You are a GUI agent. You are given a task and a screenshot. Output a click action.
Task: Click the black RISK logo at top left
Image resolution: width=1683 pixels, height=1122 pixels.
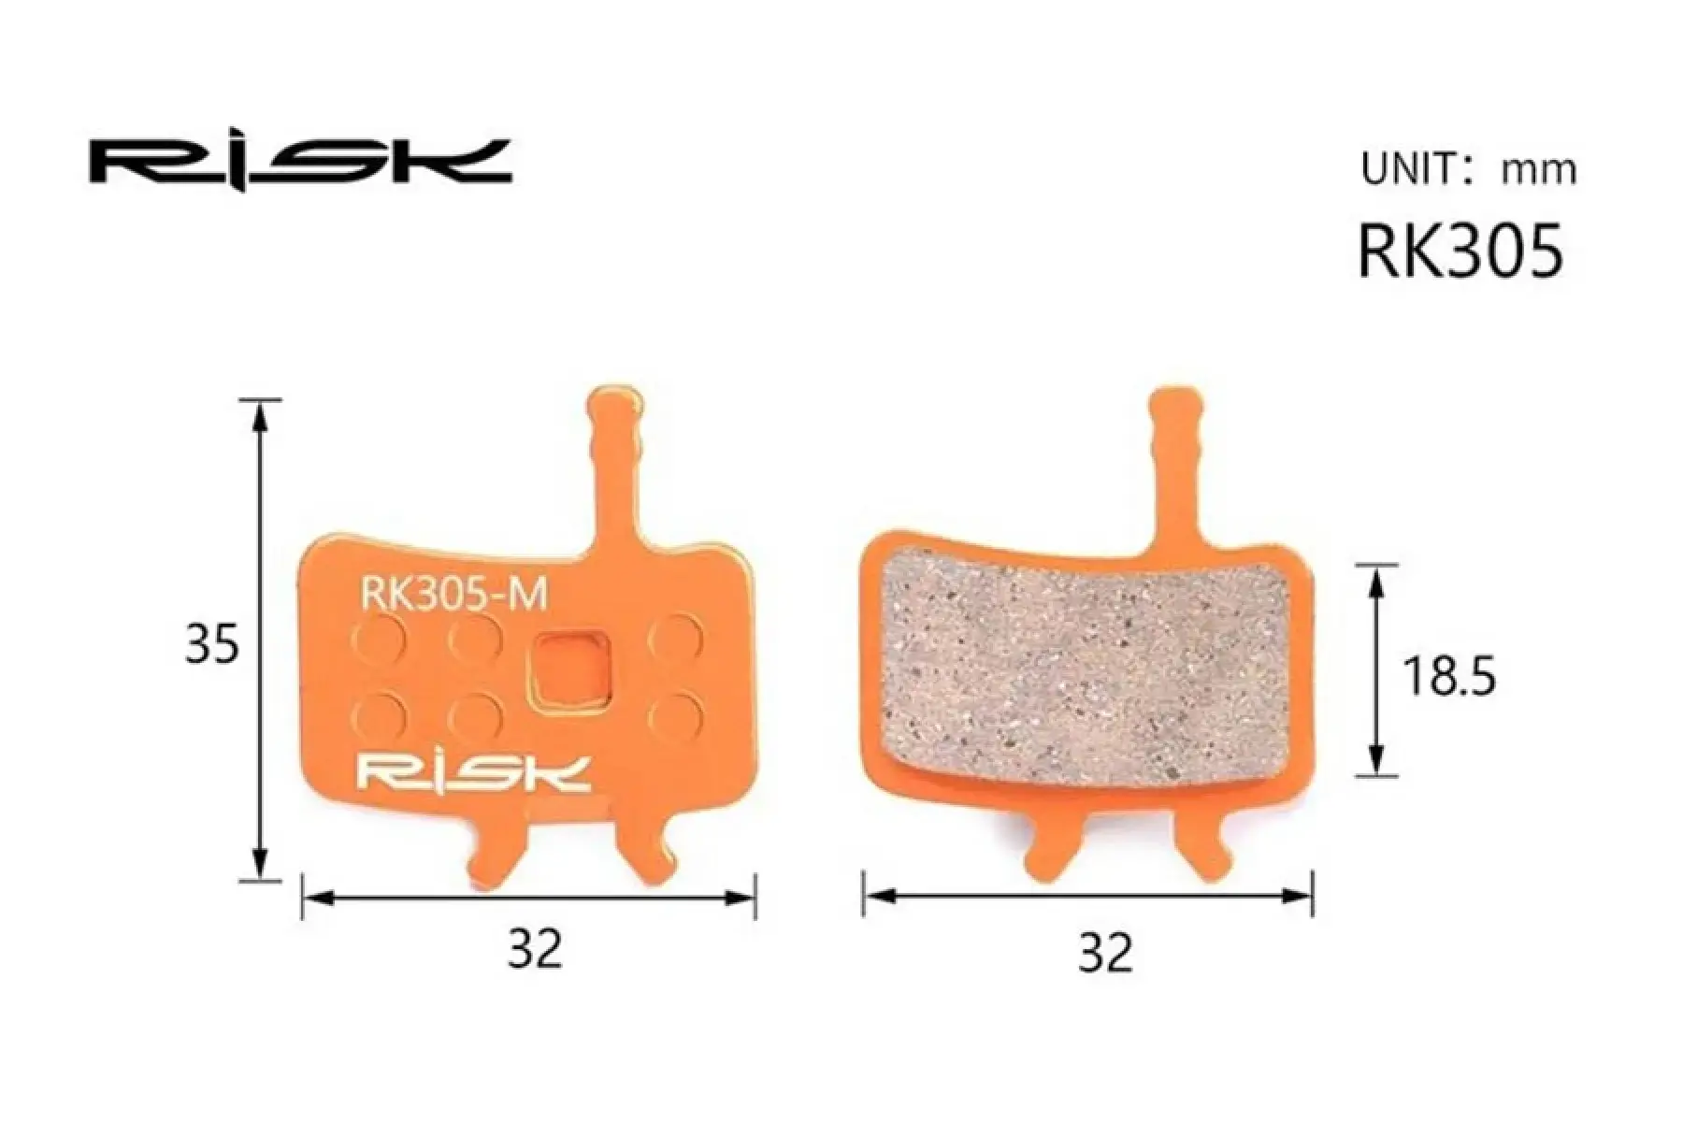(300, 163)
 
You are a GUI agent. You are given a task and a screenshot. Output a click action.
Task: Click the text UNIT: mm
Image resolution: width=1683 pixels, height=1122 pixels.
(1468, 169)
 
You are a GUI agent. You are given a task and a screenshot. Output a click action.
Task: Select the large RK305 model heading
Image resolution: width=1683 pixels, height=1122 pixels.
(1460, 250)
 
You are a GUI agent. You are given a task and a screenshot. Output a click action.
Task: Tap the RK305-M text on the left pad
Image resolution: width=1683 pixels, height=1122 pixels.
(453, 595)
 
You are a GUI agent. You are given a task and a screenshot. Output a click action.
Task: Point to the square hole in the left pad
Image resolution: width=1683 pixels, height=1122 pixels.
(568, 668)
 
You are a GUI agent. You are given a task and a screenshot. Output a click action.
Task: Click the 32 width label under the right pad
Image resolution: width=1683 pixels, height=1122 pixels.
(1105, 952)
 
